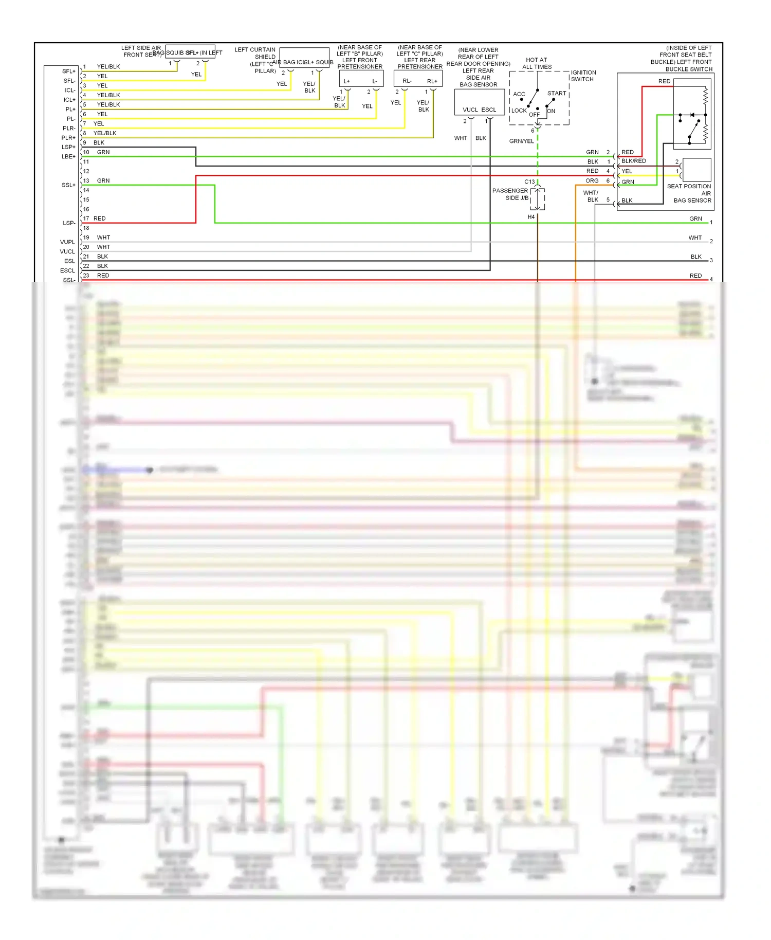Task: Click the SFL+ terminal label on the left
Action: click(68, 71)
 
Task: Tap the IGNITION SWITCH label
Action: click(583, 76)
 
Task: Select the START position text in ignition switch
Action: click(557, 93)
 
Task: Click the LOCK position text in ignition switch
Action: click(519, 111)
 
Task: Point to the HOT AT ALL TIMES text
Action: click(537, 63)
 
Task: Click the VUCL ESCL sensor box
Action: click(479, 102)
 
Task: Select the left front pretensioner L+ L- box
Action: click(361, 79)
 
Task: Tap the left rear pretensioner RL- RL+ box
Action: click(418, 79)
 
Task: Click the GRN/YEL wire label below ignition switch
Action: click(521, 141)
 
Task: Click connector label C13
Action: click(529, 182)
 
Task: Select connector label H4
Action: click(531, 217)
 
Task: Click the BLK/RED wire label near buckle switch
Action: click(633, 161)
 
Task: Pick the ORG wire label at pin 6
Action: click(592, 180)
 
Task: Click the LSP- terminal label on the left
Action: click(69, 223)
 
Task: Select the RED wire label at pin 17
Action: click(99, 219)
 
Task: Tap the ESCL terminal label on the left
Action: click(67, 270)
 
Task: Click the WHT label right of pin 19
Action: click(103, 238)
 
